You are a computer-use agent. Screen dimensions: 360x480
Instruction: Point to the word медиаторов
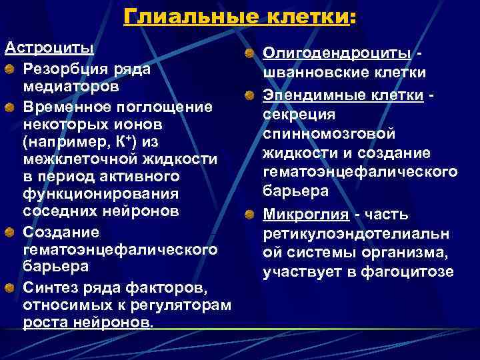point(71,87)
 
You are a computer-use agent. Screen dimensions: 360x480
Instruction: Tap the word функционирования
point(101,194)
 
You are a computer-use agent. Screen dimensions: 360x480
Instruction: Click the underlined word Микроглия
point(306,215)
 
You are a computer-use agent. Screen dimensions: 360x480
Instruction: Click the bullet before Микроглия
point(248,214)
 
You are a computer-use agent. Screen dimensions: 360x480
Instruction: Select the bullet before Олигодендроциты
point(248,53)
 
